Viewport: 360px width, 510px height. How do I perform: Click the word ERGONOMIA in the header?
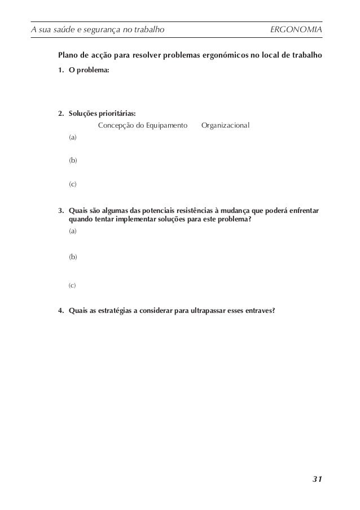click(296, 29)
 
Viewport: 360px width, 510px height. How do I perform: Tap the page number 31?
click(317, 480)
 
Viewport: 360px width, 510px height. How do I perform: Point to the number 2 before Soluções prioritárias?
click(60, 113)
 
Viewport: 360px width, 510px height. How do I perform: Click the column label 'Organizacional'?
click(225, 124)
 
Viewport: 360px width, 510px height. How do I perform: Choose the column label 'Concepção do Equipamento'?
click(143, 124)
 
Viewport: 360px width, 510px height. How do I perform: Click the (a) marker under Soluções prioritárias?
click(73, 137)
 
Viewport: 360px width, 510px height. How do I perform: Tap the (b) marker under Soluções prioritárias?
click(73, 160)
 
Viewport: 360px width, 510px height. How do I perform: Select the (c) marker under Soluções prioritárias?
click(73, 184)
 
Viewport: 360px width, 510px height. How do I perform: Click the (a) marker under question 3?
click(73, 231)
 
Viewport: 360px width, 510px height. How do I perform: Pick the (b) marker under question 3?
click(73, 257)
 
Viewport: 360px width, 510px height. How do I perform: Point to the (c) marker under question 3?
click(72, 286)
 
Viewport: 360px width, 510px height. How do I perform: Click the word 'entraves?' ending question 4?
click(261, 311)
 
